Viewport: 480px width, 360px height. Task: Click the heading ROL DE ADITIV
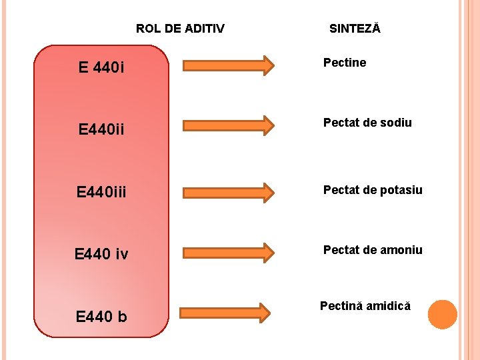tap(180, 29)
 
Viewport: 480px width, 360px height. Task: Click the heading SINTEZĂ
tap(355, 29)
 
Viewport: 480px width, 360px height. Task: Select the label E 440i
tap(102, 67)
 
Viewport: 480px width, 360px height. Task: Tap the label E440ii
tap(101, 129)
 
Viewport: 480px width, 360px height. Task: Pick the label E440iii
tap(101, 193)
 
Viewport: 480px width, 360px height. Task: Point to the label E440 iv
tap(101, 253)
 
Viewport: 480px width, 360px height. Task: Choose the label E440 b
tap(101, 317)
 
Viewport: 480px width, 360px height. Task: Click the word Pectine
tap(345, 63)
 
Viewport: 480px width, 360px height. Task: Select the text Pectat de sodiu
tap(367, 123)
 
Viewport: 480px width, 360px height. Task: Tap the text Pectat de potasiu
tap(373, 190)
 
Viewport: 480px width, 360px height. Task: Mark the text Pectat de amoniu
tap(373, 250)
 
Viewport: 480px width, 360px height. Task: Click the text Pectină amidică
tap(365, 307)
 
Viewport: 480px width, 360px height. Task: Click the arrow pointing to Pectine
tap(228, 65)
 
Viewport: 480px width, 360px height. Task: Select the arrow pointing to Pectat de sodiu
tap(228, 125)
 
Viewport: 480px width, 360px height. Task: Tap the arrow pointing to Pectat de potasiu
tap(228, 192)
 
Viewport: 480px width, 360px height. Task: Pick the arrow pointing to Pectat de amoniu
tap(228, 253)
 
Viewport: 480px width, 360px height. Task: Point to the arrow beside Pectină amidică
tap(226, 312)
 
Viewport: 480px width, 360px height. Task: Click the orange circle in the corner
tap(442, 315)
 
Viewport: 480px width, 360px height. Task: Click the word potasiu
tap(401, 190)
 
